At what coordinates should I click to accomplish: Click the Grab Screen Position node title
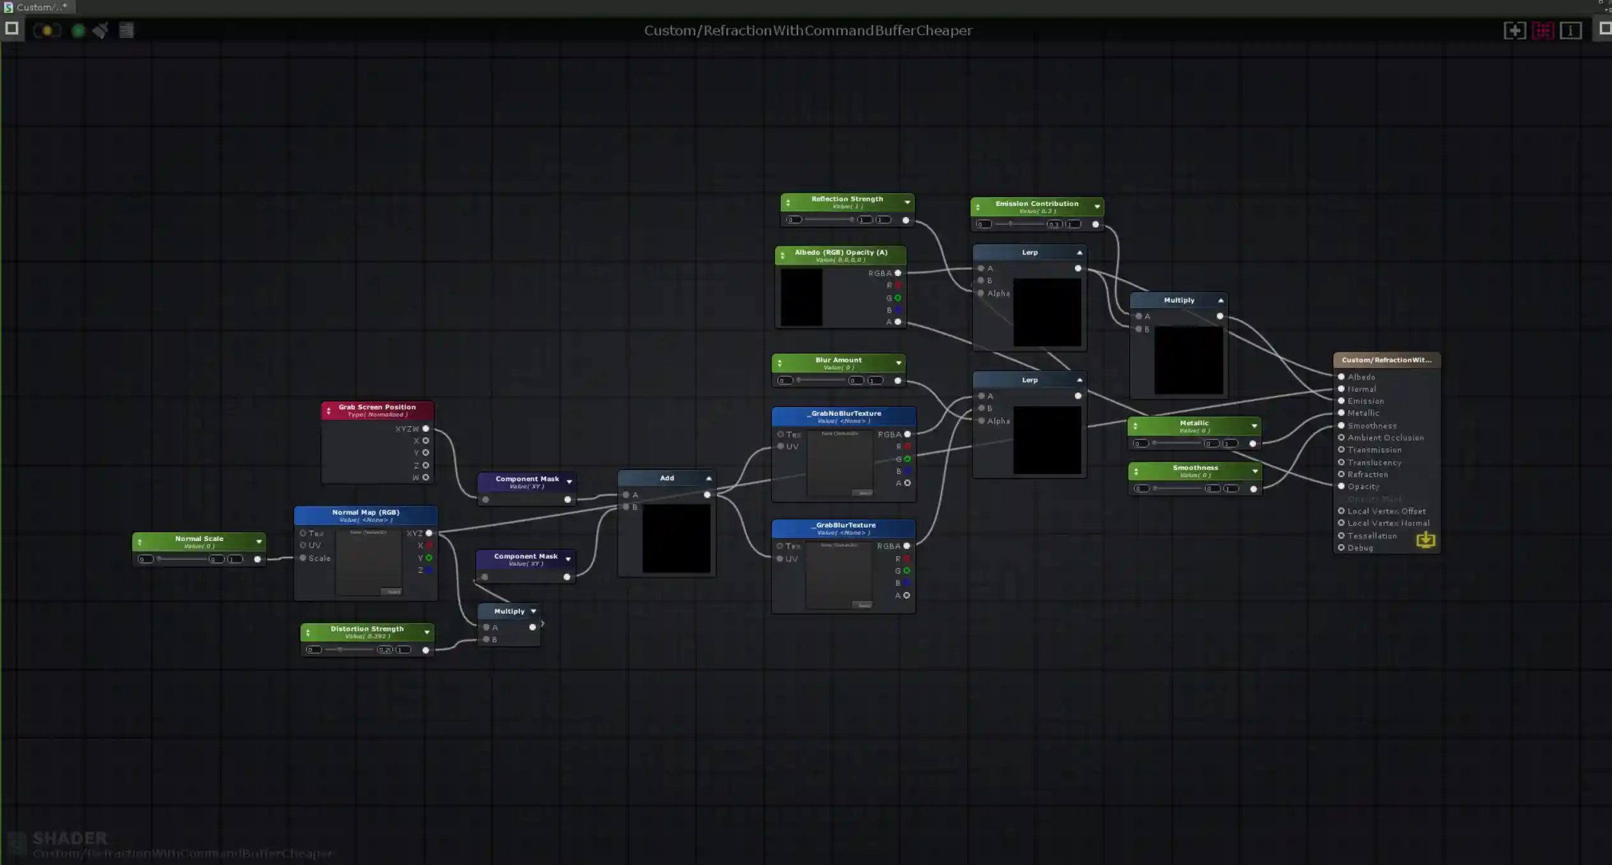click(377, 408)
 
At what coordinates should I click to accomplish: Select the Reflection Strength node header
click(847, 200)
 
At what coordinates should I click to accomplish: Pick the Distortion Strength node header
click(367, 630)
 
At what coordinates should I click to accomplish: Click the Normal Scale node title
click(199, 540)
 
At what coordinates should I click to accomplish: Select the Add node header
click(667, 478)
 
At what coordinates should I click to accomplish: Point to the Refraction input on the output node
click(1367, 475)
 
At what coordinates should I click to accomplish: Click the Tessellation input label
click(1372, 536)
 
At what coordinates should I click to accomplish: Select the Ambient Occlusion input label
click(1385, 438)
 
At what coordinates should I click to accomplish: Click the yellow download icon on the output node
click(1426, 540)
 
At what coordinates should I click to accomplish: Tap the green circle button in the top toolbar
click(78, 30)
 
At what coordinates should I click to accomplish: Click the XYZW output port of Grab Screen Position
click(425, 429)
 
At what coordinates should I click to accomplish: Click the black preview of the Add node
click(676, 538)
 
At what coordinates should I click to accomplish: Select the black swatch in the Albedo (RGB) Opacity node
click(801, 297)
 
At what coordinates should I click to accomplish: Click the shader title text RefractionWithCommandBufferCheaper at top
click(808, 31)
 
